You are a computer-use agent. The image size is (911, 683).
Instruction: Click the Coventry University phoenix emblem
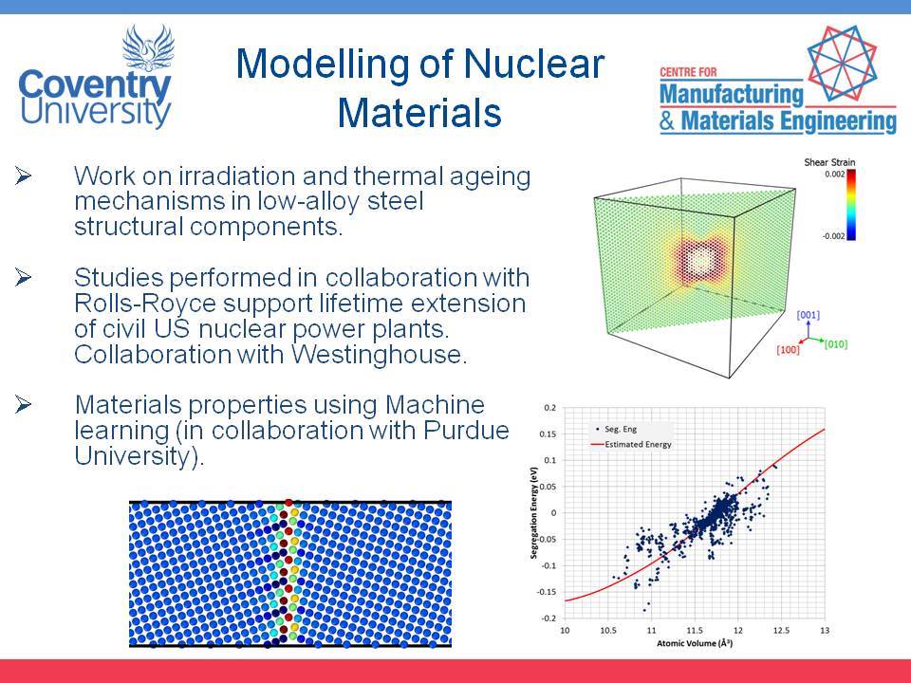click(x=148, y=47)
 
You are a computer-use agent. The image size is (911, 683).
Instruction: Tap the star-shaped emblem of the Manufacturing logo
click(x=842, y=64)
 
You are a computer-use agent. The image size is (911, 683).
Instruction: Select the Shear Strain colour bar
click(x=850, y=205)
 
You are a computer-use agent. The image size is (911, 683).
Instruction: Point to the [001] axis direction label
click(x=808, y=315)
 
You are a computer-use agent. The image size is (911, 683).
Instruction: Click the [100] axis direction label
click(x=788, y=350)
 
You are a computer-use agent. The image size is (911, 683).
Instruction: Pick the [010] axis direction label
click(x=835, y=343)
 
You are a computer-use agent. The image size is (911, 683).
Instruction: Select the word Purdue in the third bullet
click(x=466, y=431)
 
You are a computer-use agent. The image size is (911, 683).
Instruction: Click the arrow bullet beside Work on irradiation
click(x=23, y=175)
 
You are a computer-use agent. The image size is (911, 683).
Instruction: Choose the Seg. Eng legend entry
click(x=616, y=429)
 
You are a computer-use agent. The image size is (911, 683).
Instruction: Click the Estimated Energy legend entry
click(x=631, y=444)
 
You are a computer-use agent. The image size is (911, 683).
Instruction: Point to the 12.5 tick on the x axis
click(x=781, y=630)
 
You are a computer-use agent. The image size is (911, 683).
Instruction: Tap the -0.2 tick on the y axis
click(x=549, y=618)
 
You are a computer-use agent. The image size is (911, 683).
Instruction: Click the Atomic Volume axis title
click(x=695, y=643)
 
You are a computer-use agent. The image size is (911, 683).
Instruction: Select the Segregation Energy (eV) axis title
click(x=534, y=513)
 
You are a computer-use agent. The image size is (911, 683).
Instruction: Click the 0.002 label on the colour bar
click(x=835, y=174)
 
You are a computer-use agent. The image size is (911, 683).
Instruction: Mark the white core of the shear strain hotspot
click(x=700, y=260)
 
